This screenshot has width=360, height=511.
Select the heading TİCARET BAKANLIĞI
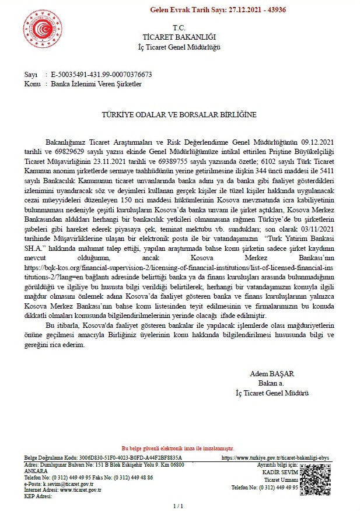(x=179, y=37)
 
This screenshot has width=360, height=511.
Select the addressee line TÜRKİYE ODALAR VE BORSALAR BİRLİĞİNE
(x=179, y=116)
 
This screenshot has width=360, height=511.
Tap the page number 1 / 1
(x=179, y=505)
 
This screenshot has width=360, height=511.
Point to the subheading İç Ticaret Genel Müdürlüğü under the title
(x=179, y=45)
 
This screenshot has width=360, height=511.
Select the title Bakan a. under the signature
(x=272, y=383)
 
